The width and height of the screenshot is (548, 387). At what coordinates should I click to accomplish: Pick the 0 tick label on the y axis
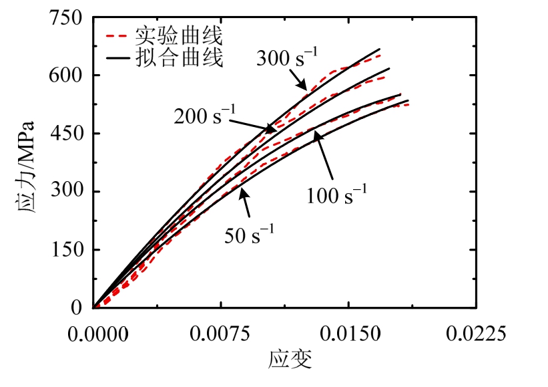(x=77, y=308)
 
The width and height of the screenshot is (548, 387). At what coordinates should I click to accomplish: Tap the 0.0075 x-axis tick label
(x=220, y=332)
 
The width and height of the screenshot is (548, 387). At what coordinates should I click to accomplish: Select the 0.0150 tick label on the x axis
(x=348, y=332)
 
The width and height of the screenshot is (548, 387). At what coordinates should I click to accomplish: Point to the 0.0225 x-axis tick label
(x=476, y=332)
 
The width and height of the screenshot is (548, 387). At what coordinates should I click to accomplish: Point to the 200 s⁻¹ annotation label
(x=204, y=114)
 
